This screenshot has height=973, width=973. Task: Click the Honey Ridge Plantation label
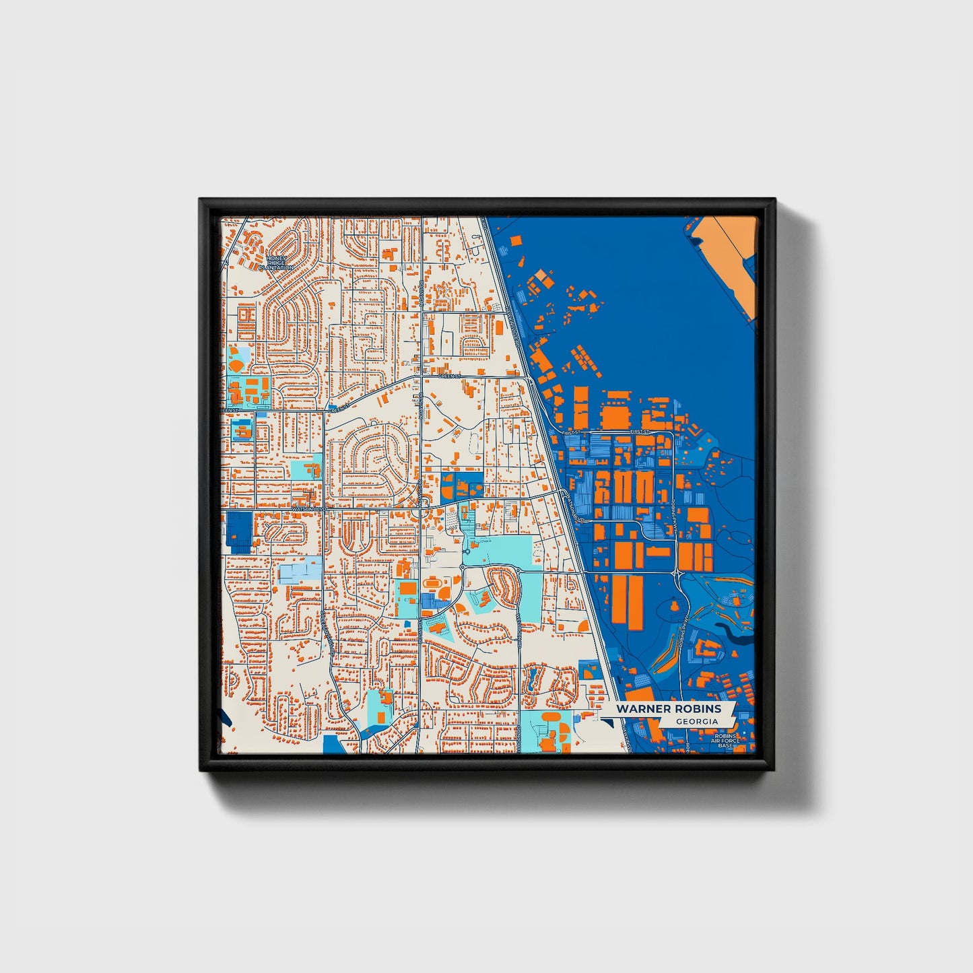point(276,263)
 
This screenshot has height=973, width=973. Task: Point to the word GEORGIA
point(697,721)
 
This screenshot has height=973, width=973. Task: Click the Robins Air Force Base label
point(726,741)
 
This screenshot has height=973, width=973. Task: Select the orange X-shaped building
point(430,461)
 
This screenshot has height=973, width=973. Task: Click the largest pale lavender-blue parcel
point(300,572)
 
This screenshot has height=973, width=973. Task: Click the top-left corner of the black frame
point(201,201)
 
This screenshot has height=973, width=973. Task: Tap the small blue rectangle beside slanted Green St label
point(261,415)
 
